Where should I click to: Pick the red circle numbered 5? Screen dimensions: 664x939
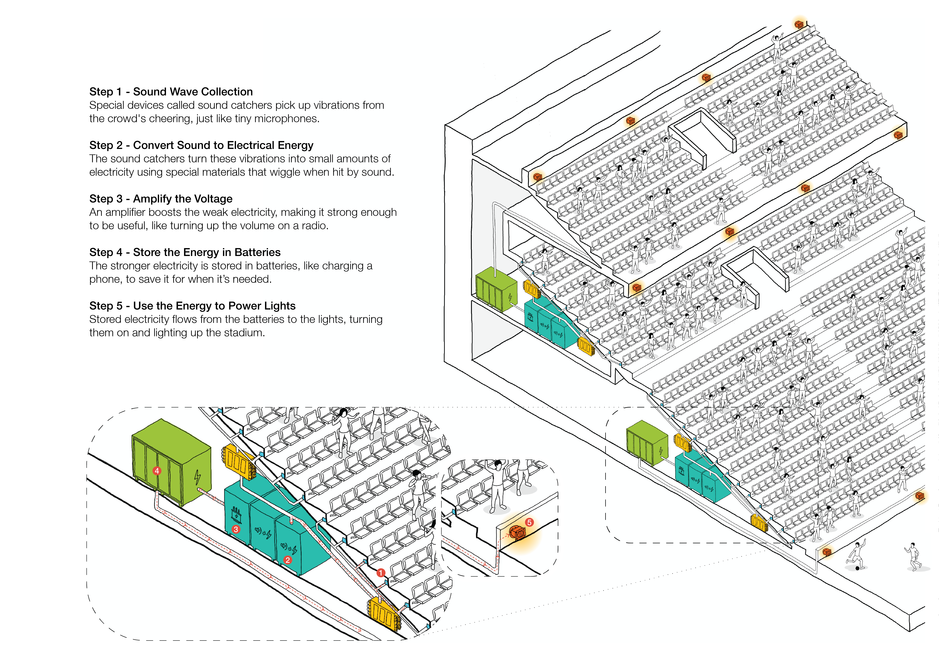[529, 522]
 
